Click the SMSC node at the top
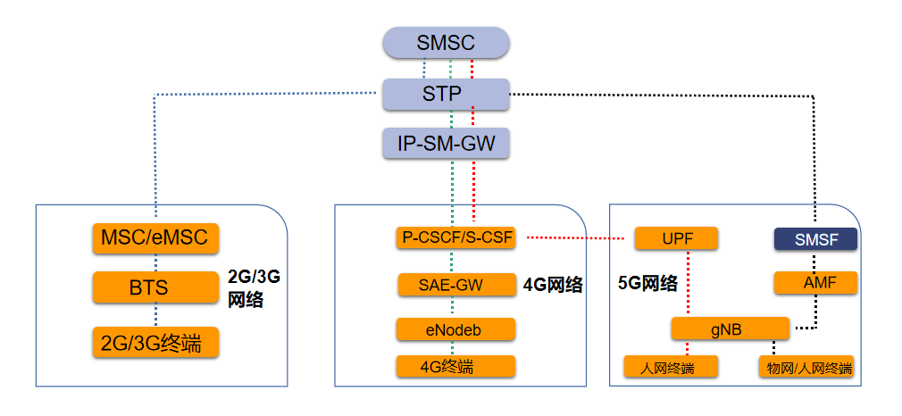click(x=446, y=43)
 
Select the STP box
click(x=446, y=94)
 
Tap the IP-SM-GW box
click(x=446, y=143)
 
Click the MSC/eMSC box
click(x=155, y=238)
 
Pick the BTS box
click(x=155, y=288)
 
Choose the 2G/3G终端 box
click(x=155, y=342)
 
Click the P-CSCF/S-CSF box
click(x=455, y=238)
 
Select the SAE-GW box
click(x=455, y=285)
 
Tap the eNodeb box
click(x=455, y=329)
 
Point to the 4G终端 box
click(x=455, y=366)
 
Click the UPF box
click(x=677, y=238)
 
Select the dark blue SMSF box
click(x=814, y=238)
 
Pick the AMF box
click(x=814, y=283)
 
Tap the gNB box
click(x=730, y=329)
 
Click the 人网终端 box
click(x=671, y=367)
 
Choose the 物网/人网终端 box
click(x=805, y=367)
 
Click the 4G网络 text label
click(x=553, y=286)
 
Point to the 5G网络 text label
click(x=647, y=285)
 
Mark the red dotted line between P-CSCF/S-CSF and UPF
click(x=576, y=238)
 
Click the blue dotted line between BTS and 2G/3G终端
click(x=156, y=315)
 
